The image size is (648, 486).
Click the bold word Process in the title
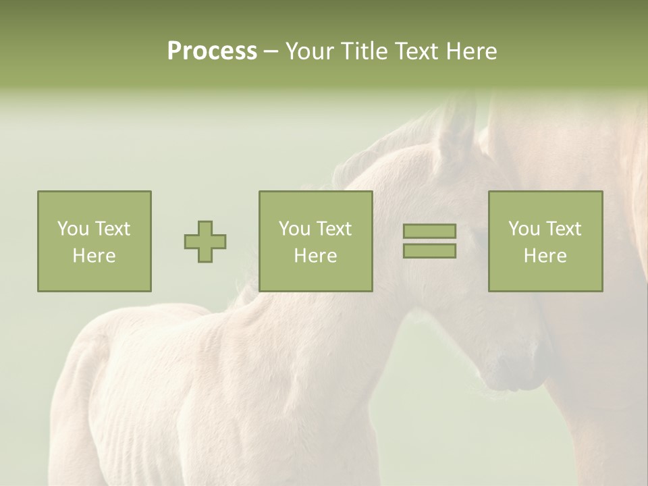coord(212,51)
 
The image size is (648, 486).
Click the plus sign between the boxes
coord(205,242)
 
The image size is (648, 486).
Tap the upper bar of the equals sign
coord(429,232)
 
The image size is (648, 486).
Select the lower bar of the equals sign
coord(429,251)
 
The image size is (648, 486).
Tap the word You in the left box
coord(72,229)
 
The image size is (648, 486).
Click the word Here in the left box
coord(94,256)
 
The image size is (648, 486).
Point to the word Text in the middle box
coord(334,229)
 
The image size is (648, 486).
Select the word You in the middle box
coord(294,229)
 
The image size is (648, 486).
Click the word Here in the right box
coord(545,256)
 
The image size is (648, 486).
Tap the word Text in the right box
coord(564,229)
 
